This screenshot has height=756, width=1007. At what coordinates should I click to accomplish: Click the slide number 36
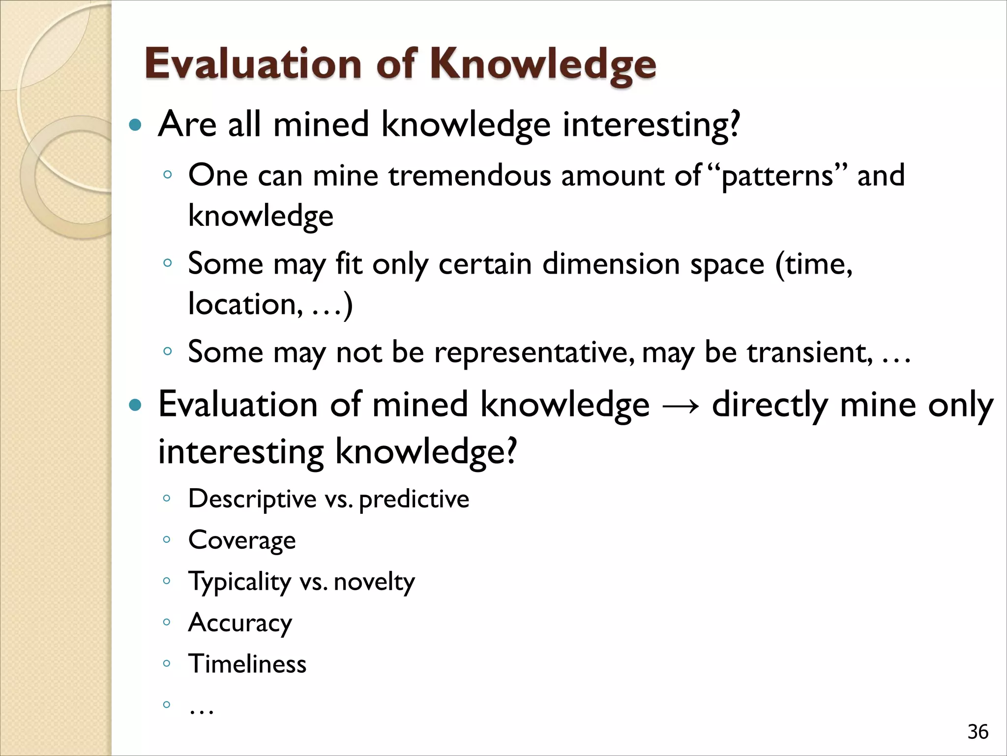(x=977, y=732)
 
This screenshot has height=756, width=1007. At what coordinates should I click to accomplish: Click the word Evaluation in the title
(x=253, y=64)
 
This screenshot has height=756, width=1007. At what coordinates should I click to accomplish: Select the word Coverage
(x=242, y=540)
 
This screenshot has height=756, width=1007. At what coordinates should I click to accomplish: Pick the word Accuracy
(x=240, y=623)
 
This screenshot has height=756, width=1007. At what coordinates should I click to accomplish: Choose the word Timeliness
(x=247, y=664)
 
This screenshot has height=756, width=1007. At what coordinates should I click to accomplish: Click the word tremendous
(x=470, y=176)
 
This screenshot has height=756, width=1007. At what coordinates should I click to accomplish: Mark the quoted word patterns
(x=777, y=176)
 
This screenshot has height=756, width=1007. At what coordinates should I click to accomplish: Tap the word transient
(x=809, y=353)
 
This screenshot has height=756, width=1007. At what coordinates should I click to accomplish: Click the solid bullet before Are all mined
(x=134, y=125)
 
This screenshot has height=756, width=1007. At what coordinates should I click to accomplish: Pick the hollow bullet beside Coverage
(x=167, y=539)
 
